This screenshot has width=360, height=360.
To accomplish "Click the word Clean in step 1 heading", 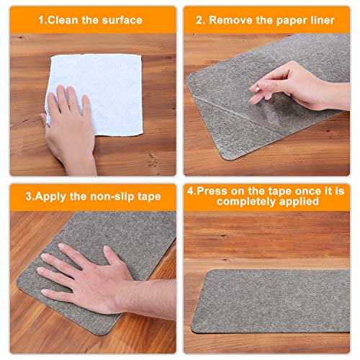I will click(68, 20).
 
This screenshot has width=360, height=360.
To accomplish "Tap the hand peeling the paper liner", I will click(292, 86).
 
